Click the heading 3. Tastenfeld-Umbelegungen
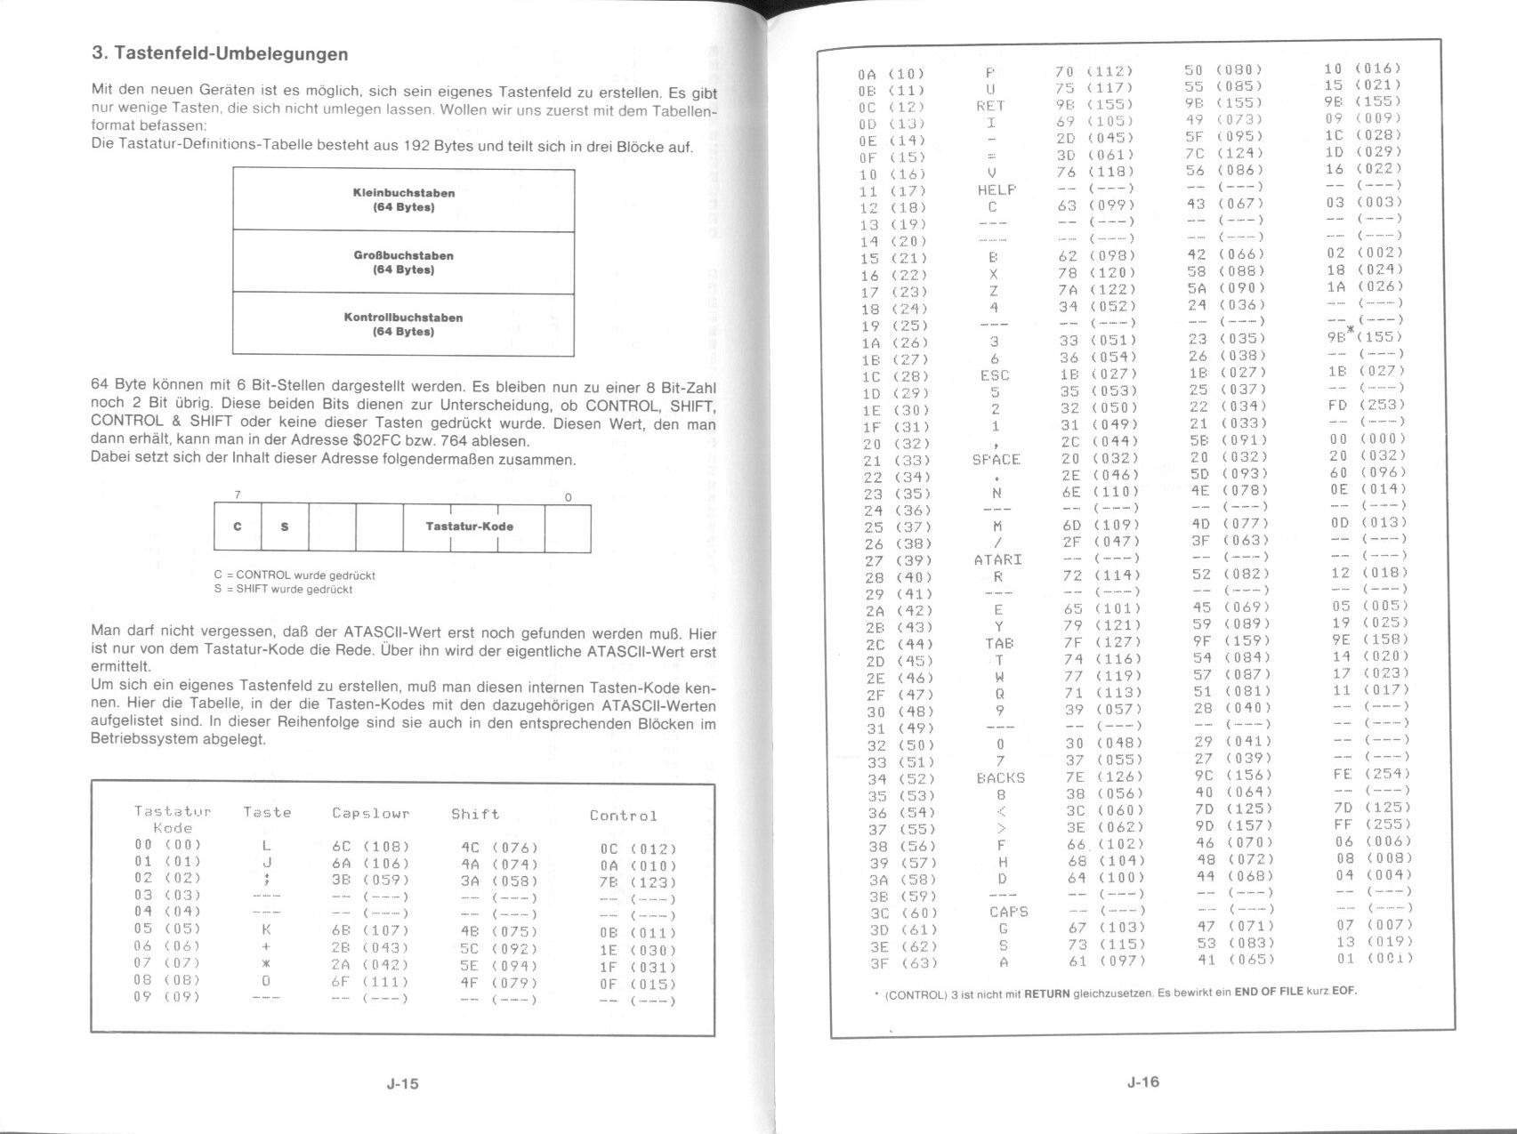pyautogui.click(x=220, y=53)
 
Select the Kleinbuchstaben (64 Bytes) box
pyautogui.click(x=403, y=199)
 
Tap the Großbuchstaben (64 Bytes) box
pyautogui.click(x=403, y=262)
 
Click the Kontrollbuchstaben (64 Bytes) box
pyautogui.click(x=403, y=325)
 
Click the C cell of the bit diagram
pyautogui.click(x=237, y=527)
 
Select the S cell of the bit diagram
pyautogui.click(x=285, y=527)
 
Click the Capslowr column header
pyautogui.click(x=370, y=813)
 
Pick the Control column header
pyautogui.click(x=623, y=815)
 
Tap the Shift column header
pyautogui.click(x=475, y=814)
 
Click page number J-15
pyautogui.click(x=402, y=1083)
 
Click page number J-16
pyautogui.click(x=1142, y=1082)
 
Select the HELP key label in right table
pyautogui.click(x=996, y=189)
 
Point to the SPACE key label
pyautogui.click(x=996, y=460)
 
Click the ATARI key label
pyautogui.click(x=997, y=560)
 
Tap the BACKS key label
pyautogui.click(x=1000, y=778)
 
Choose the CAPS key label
pyautogui.click(x=1008, y=912)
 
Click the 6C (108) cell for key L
pyautogui.click(x=369, y=847)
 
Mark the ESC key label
pyautogui.click(x=994, y=375)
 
